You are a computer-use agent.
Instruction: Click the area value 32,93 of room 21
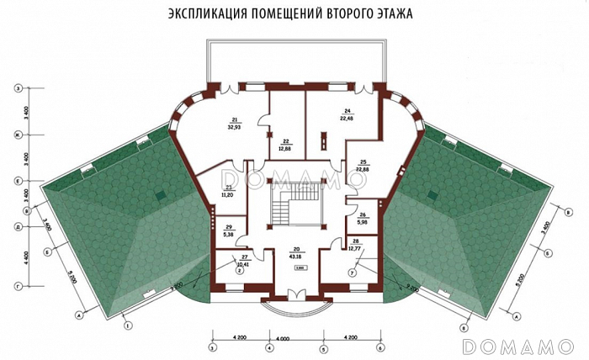tap(235, 129)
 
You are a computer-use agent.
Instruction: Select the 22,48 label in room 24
tap(347, 119)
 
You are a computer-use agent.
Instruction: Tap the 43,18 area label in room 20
tap(297, 255)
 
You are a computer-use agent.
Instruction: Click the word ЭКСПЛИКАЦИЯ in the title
tap(204, 15)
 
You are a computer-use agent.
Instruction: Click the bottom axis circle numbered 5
tap(323, 347)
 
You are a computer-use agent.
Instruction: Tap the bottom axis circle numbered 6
tap(380, 347)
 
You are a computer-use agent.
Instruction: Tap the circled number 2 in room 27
tap(239, 270)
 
